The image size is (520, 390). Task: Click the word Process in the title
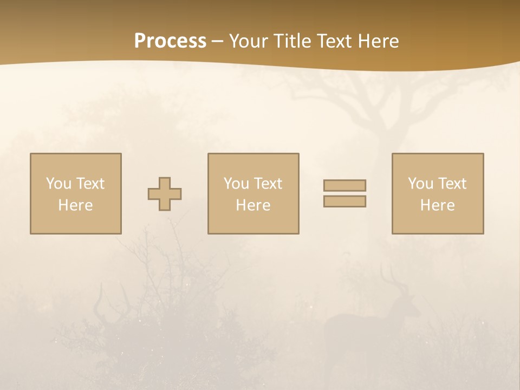click(x=170, y=41)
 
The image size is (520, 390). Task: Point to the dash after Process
click(x=218, y=42)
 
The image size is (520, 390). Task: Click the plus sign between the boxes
click(x=165, y=194)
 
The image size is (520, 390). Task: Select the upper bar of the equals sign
click(x=344, y=185)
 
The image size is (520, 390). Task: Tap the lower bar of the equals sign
click(x=344, y=201)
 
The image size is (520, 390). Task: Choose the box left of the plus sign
click(x=76, y=193)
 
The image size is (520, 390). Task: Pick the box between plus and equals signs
click(x=253, y=193)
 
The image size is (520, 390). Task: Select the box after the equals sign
click(x=438, y=193)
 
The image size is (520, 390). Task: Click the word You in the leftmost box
click(x=58, y=184)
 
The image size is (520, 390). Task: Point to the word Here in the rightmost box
click(x=438, y=205)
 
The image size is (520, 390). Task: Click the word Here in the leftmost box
click(x=76, y=205)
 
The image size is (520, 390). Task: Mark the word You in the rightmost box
click(x=420, y=184)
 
